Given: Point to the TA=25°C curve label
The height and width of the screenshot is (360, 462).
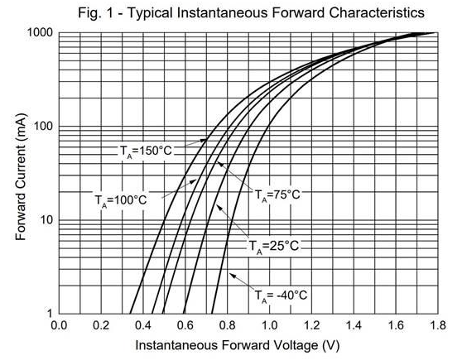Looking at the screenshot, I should point(274,246).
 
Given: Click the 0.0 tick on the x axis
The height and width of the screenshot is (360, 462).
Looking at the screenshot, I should point(59,325).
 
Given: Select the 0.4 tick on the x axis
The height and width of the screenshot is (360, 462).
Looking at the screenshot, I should point(143,325).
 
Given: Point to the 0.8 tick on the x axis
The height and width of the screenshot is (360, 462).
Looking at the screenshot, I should point(227,325).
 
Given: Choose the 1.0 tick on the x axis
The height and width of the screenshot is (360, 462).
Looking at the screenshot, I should point(269,325).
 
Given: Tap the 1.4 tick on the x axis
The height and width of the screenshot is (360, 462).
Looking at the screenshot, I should point(353,325).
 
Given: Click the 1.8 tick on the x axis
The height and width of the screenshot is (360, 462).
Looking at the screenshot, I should point(436,325).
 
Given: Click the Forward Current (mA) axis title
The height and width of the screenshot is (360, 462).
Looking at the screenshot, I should point(22,174).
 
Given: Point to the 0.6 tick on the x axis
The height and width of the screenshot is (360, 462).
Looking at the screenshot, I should point(185,325).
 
